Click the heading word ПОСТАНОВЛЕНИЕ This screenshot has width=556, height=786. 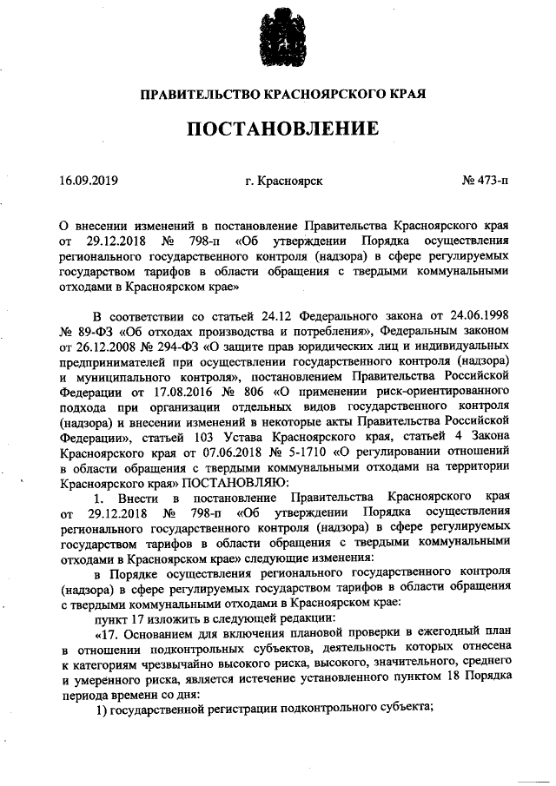279,129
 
